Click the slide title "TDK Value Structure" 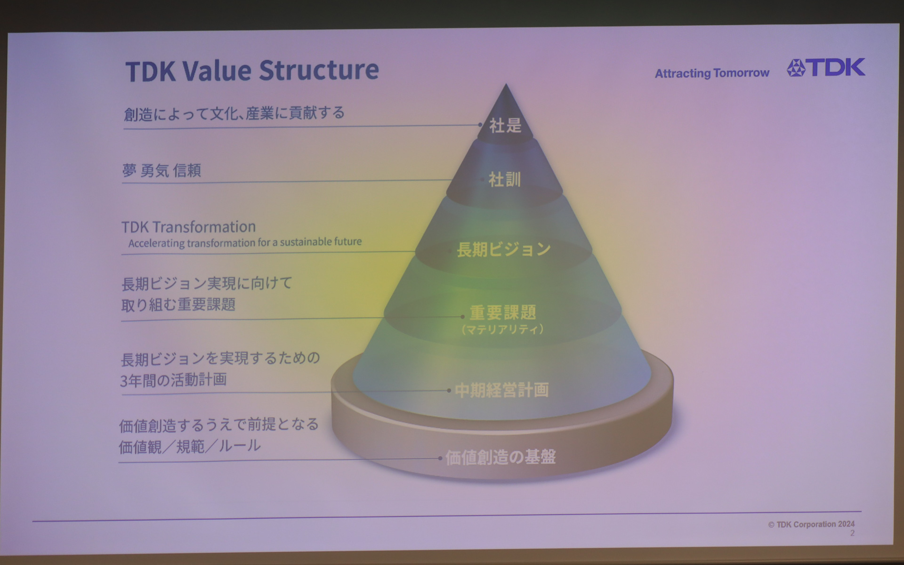(x=252, y=70)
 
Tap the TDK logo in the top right (x=826, y=68)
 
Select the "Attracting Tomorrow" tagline (x=712, y=73)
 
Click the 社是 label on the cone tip (x=505, y=125)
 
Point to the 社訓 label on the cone (x=505, y=179)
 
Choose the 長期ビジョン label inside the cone (x=504, y=249)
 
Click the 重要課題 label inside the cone (x=503, y=312)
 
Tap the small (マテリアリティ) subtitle (x=503, y=329)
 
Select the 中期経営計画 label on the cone (x=502, y=390)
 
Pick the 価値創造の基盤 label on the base (x=500, y=457)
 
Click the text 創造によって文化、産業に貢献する (x=234, y=113)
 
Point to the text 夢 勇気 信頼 (x=161, y=170)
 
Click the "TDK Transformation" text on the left (x=189, y=227)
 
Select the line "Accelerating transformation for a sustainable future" (x=245, y=242)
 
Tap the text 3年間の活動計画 (x=173, y=379)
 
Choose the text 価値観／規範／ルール (x=189, y=446)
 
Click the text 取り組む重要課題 (x=178, y=305)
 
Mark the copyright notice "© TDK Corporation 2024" (x=811, y=524)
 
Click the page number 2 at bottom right (x=852, y=533)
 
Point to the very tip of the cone (x=506, y=86)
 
